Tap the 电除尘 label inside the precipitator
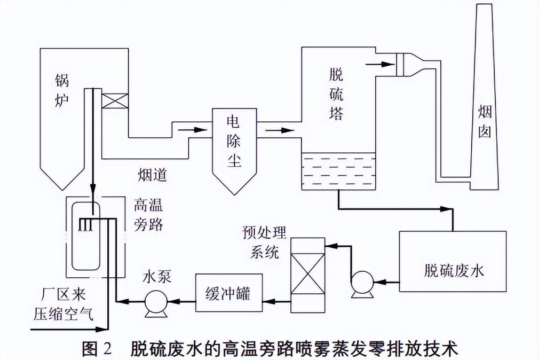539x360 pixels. pyautogui.click(x=234, y=141)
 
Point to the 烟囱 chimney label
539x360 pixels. pyautogui.click(x=485, y=122)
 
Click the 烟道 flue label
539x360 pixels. pyautogui.click(x=152, y=174)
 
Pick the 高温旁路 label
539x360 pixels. pyautogui.click(x=149, y=215)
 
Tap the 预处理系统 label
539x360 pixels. pyautogui.click(x=264, y=242)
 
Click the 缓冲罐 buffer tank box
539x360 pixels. pyautogui.click(x=229, y=293)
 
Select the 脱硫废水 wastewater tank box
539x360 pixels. pyautogui.click(x=452, y=261)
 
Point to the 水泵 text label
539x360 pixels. pyautogui.click(x=157, y=276)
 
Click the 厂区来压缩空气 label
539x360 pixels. pyautogui.click(x=63, y=305)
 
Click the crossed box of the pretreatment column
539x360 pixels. pyautogui.click(x=308, y=275)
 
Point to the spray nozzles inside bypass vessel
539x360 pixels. pyautogui.click(x=85, y=224)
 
